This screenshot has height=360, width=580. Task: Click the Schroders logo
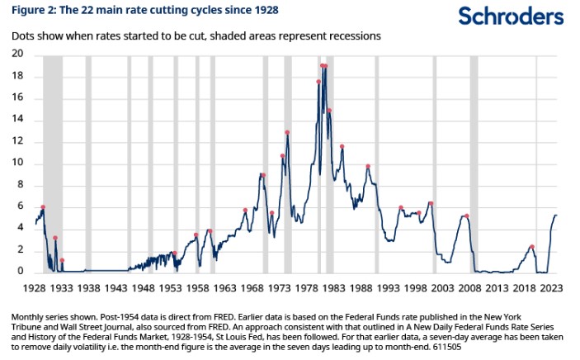(512, 16)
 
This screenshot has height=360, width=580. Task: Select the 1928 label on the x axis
(35, 290)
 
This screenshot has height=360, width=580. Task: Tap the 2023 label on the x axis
(552, 290)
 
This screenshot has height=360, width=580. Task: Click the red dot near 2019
(531, 247)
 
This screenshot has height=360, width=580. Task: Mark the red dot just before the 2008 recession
(467, 216)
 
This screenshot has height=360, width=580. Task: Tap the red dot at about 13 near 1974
(287, 133)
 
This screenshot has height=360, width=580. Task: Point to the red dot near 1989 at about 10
(368, 167)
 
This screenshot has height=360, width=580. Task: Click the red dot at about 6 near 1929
(42, 207)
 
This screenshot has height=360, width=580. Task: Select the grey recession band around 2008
(474, 165)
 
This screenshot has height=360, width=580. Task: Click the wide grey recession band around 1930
(52, 165)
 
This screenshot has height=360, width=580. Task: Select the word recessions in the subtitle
(356, 37)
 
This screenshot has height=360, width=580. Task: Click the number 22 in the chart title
(90, 11)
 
